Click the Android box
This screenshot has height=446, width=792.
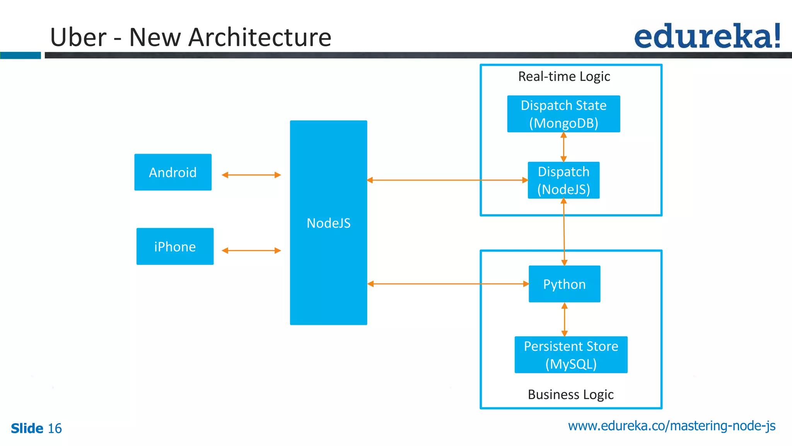pyautogui.click(x=173, y=172)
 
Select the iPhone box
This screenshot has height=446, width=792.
pyautogui.click(x=175, y=247)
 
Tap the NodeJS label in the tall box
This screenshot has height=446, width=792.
pyautogui.click(x=328, y=223)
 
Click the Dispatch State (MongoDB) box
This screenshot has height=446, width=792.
pyautogui.click(x=563, y=114)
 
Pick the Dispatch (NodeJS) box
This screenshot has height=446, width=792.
pyautogui.click(x=563, y=180)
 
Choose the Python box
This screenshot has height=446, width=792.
pyautogui.click(x=564, y=284)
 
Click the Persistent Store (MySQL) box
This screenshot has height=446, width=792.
pyautogui.click(x=571, y=355)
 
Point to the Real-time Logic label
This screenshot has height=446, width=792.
pyautogui.click(x=564, y=76)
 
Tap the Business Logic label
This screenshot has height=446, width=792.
pyautogui.click(x=570, y=395)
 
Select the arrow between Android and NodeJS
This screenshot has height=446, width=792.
pyautogui.click(x=251, y=175)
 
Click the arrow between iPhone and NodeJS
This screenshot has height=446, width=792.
pyautogui.click(x=251, y=250)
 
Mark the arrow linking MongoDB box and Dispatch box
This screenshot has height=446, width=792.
pyautogui.click(x=563, y=147)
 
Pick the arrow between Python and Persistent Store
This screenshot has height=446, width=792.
pyautogui.click(x=564, y=319)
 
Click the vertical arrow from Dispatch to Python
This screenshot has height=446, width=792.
pyautogui.click(x=564, y=232)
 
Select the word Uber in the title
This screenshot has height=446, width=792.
pyautogui.click(x=78, y=38)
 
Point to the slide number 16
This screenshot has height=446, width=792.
pyautogui.click(x=55, y=429)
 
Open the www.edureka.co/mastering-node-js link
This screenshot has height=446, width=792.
pyautogui.click(x=671, y=426)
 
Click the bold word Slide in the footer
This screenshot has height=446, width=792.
pyautogui.click(x=27, y=429)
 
